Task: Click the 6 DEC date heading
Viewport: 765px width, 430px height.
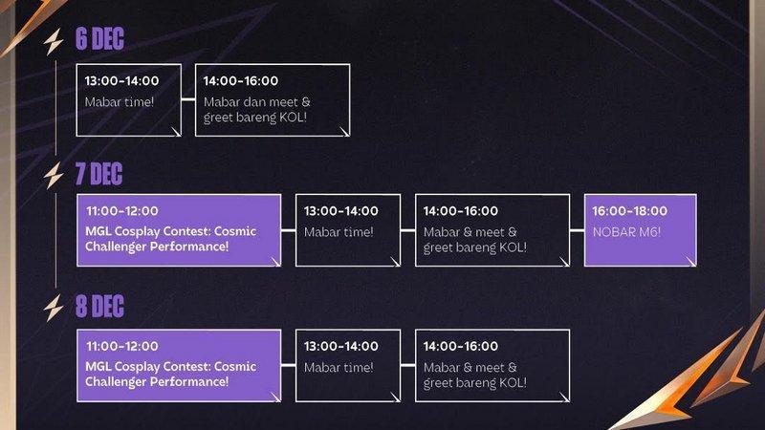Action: [x=99, y=39]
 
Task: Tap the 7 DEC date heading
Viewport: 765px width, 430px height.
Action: [x=98, y=174]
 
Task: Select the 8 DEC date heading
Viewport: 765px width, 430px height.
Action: [x=99, y=307]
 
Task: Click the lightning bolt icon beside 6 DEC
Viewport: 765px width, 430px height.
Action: [x=54, y=42]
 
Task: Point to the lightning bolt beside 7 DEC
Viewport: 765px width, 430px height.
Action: [x=54, y=176]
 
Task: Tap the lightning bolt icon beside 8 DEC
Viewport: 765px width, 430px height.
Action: [x=54, y=308]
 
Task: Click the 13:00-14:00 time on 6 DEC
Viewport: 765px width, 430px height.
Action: [x=122, y=81]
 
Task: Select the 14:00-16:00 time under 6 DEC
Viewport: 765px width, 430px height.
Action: [x=241, y=81]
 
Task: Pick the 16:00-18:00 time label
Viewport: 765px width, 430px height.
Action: [x=630, y=211]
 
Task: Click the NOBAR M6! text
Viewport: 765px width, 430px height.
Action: [x=626, y=232]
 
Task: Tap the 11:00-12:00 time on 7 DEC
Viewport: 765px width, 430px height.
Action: [x=122, y=211]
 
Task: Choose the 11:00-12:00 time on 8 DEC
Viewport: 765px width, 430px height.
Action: [x=122, y=346]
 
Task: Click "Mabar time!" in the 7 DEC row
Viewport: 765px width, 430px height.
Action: [x=339, y=232]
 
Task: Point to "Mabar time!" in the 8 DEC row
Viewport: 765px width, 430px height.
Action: [x=339, y=367]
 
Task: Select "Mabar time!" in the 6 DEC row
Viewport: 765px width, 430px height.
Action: [x=119, y=102]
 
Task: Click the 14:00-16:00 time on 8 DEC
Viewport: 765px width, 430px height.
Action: [x=461, y=346]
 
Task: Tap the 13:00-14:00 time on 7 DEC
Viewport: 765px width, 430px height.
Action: [x=341, y=211]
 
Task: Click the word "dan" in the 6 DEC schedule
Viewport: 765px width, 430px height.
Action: [x=256, y=102]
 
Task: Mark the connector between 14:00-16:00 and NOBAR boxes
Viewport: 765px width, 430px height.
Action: [x=577, y=230]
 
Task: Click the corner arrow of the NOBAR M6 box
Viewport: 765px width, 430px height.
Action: [x=690, y=261]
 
